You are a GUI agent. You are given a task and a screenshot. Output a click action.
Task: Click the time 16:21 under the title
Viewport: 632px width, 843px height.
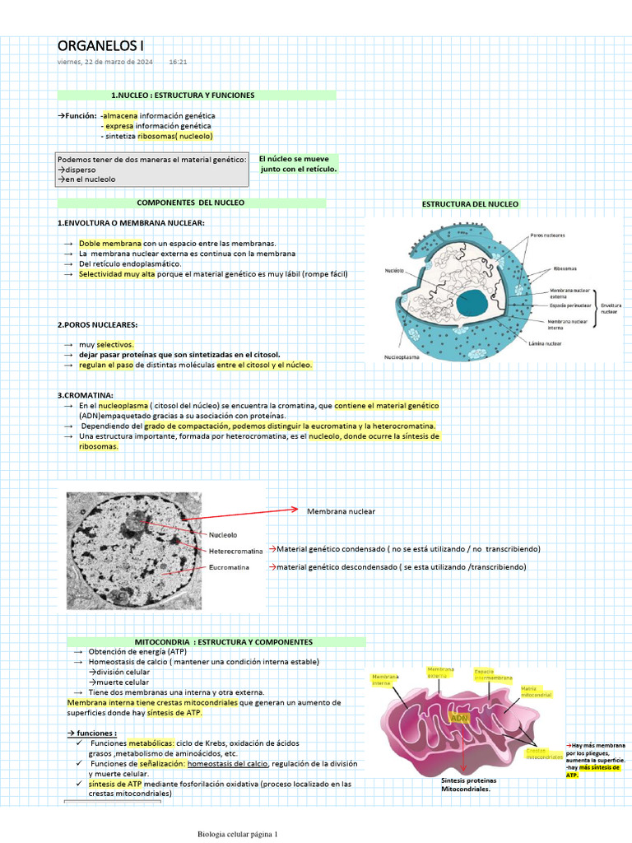tap(179, 62)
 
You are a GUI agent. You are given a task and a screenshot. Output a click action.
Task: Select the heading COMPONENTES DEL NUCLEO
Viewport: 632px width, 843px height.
tap(190, 203)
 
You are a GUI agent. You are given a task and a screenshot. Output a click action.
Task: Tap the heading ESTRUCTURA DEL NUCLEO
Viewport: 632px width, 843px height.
tap(470, 204)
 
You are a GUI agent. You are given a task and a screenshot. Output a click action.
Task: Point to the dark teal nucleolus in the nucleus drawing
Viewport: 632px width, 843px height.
tap(472, 303)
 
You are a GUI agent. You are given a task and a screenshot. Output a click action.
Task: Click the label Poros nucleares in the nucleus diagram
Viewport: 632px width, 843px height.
tap(547, 235)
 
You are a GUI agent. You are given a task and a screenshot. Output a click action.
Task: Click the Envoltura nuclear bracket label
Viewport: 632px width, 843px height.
tap(611, 308)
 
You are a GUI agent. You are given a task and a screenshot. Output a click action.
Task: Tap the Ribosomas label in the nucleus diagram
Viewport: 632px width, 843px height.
tap(565, 268)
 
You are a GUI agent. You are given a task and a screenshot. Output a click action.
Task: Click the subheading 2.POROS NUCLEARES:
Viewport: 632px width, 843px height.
tap(97, 325)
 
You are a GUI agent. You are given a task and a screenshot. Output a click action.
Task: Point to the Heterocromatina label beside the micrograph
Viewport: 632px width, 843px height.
tap(235, 551)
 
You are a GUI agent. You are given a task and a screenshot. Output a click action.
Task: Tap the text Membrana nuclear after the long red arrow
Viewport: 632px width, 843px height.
tap(341, 512)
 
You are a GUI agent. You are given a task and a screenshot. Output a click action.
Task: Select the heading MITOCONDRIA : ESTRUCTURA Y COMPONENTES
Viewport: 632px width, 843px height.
tap(223, 642)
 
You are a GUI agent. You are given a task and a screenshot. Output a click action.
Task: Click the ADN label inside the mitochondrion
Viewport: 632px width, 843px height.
tap(459, 717)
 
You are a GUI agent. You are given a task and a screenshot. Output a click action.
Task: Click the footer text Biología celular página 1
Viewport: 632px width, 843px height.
tap(238, 834)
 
